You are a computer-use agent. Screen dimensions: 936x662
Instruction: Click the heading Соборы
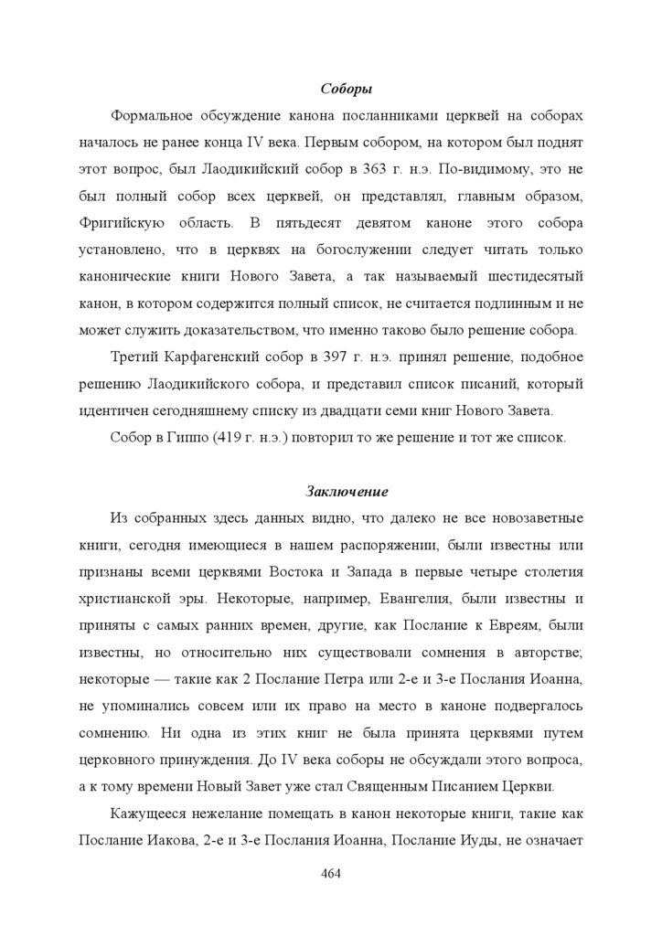345,90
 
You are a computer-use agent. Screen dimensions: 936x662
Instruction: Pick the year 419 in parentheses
231,436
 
